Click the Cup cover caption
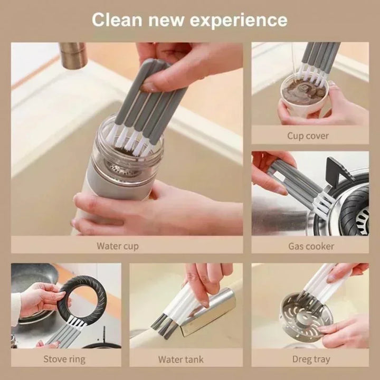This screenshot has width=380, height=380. pyautogui.click(x=308, y=136)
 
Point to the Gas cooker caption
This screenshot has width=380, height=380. pyautogui.click(x=311, y=246)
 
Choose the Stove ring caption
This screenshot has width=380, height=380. pyautogui.click(x=64, y=359)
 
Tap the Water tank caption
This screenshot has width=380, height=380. pyautogui.click(x=181, y=359)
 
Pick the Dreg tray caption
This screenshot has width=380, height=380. pyautogui.click(x=311, y=359)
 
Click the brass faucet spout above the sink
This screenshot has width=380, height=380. pyautogui.click(x=73, y=55)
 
